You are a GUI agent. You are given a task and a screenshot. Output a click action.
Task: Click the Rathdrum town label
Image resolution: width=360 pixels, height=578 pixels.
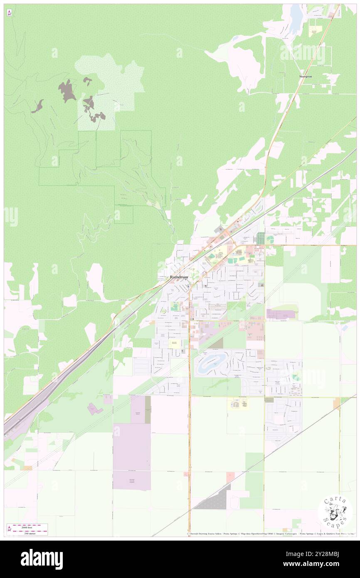(179, 277)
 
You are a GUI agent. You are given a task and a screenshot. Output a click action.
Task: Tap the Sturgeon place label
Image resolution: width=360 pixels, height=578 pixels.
(306, 77)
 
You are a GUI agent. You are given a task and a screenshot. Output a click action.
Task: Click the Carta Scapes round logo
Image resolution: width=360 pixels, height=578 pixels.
(335, 511)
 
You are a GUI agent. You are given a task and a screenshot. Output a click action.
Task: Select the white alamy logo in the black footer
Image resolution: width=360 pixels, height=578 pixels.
(42, 559)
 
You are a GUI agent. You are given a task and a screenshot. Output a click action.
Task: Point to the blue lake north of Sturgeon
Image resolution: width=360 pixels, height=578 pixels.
(296, 19)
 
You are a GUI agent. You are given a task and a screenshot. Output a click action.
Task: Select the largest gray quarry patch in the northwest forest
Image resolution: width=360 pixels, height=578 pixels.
(67, 91)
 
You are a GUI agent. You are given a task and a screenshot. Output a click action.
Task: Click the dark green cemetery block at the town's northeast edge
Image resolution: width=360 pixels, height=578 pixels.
(260, 238)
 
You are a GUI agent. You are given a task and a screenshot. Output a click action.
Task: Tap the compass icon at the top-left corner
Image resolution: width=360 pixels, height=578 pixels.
(9, 13)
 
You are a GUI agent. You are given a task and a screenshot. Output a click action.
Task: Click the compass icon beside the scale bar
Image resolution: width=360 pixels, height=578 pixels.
(9, 530)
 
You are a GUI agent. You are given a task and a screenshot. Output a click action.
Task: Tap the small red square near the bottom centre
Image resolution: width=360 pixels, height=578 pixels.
(230, 477)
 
